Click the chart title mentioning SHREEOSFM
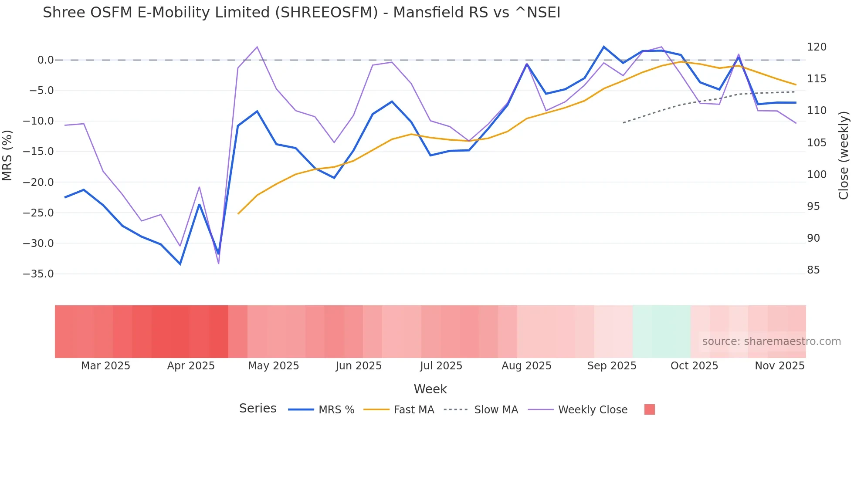coord(302,13)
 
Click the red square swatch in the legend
coord(649,409)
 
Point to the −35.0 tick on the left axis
coord(38,274)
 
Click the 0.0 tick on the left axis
coord(45,60)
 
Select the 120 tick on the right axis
coord(817,47)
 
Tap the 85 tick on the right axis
coord(813,270)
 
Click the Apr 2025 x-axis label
coord(191,366)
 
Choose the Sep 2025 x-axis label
coord(611,366)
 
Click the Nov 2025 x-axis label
coord(779,366)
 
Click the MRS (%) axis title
coord(7,155)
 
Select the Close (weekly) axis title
coord(844,155)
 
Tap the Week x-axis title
coord(430,389)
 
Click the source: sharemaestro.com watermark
coord(771,341)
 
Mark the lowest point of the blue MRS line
coord(180,264)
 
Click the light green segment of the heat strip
coord(661,331)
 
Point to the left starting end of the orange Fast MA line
coord(238,213)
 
